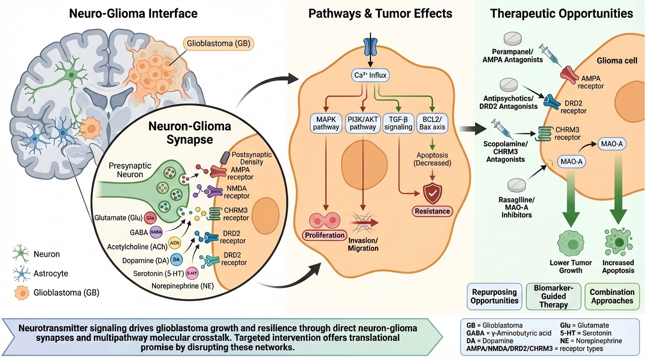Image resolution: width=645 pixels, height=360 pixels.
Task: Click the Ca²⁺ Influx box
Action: pos(370,75)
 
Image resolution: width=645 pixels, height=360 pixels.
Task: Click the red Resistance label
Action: pos(432,211)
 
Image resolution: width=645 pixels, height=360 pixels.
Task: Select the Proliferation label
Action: pos(324,234)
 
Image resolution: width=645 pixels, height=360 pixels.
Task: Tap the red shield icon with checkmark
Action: pos(432,193)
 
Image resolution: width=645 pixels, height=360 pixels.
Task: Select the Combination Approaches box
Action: pos(612,296)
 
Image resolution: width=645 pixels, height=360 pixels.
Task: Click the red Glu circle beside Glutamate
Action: pos(150,218)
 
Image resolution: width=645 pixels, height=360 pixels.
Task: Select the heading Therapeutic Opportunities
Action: pos(561,14)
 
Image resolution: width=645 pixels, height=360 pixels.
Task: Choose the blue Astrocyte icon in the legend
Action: pos(21,274)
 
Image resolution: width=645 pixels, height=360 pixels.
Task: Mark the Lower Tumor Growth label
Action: pos(570,266)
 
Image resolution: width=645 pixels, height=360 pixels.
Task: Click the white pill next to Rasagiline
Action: pos(517,184)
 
